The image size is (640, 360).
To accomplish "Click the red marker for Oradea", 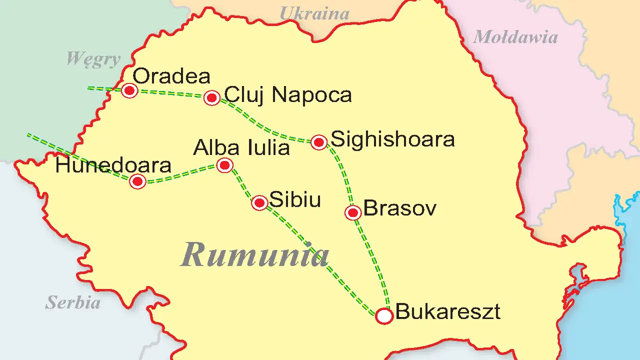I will pos(129,90).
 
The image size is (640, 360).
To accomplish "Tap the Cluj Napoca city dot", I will pos(212,97).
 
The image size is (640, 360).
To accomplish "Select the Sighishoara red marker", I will pos(319,142).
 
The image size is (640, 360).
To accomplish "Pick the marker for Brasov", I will pos(353,212).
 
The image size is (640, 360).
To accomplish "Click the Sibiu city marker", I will pos(259,202).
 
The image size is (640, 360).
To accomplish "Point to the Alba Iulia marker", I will pos(225,165).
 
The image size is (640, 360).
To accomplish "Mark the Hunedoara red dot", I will pos(137,181).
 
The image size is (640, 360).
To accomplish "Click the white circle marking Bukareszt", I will pos(384,316).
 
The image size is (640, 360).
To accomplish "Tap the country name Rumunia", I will pos(255,254).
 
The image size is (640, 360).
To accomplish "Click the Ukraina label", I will pos(314,13).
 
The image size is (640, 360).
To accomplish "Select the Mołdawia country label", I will pos(515,37).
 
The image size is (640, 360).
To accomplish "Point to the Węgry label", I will pos(93,59).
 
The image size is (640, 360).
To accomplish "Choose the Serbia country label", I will pos(73,302).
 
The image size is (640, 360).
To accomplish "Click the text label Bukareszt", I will pos(448,312).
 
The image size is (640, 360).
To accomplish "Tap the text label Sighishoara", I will pos(393,139).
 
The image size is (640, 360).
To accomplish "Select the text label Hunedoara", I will pos(113,165).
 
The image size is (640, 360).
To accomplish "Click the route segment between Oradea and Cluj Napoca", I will pos(171,93).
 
